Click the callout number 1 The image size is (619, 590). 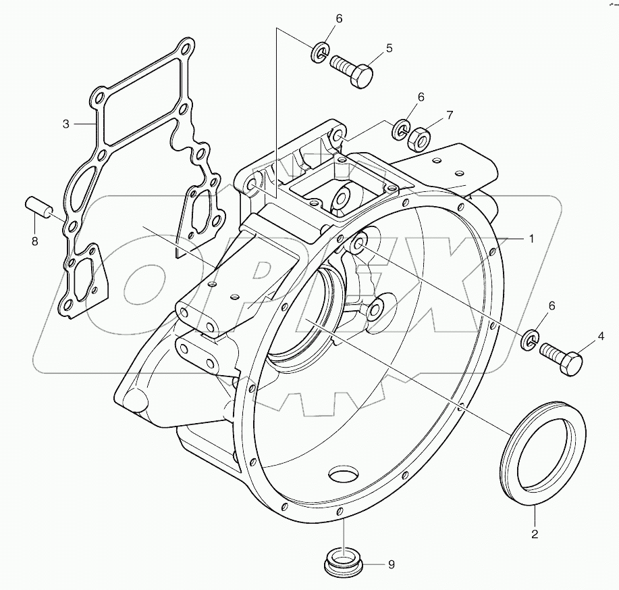point(531,239)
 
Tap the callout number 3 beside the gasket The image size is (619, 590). point(66,124)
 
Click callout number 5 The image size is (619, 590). point(389,48)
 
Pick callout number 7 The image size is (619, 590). point(450,116)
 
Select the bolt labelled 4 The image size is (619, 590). point(562,356)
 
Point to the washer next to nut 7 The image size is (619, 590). point(402,127)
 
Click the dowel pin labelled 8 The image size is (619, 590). point(38,207)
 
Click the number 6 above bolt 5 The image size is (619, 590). point(339,19)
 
